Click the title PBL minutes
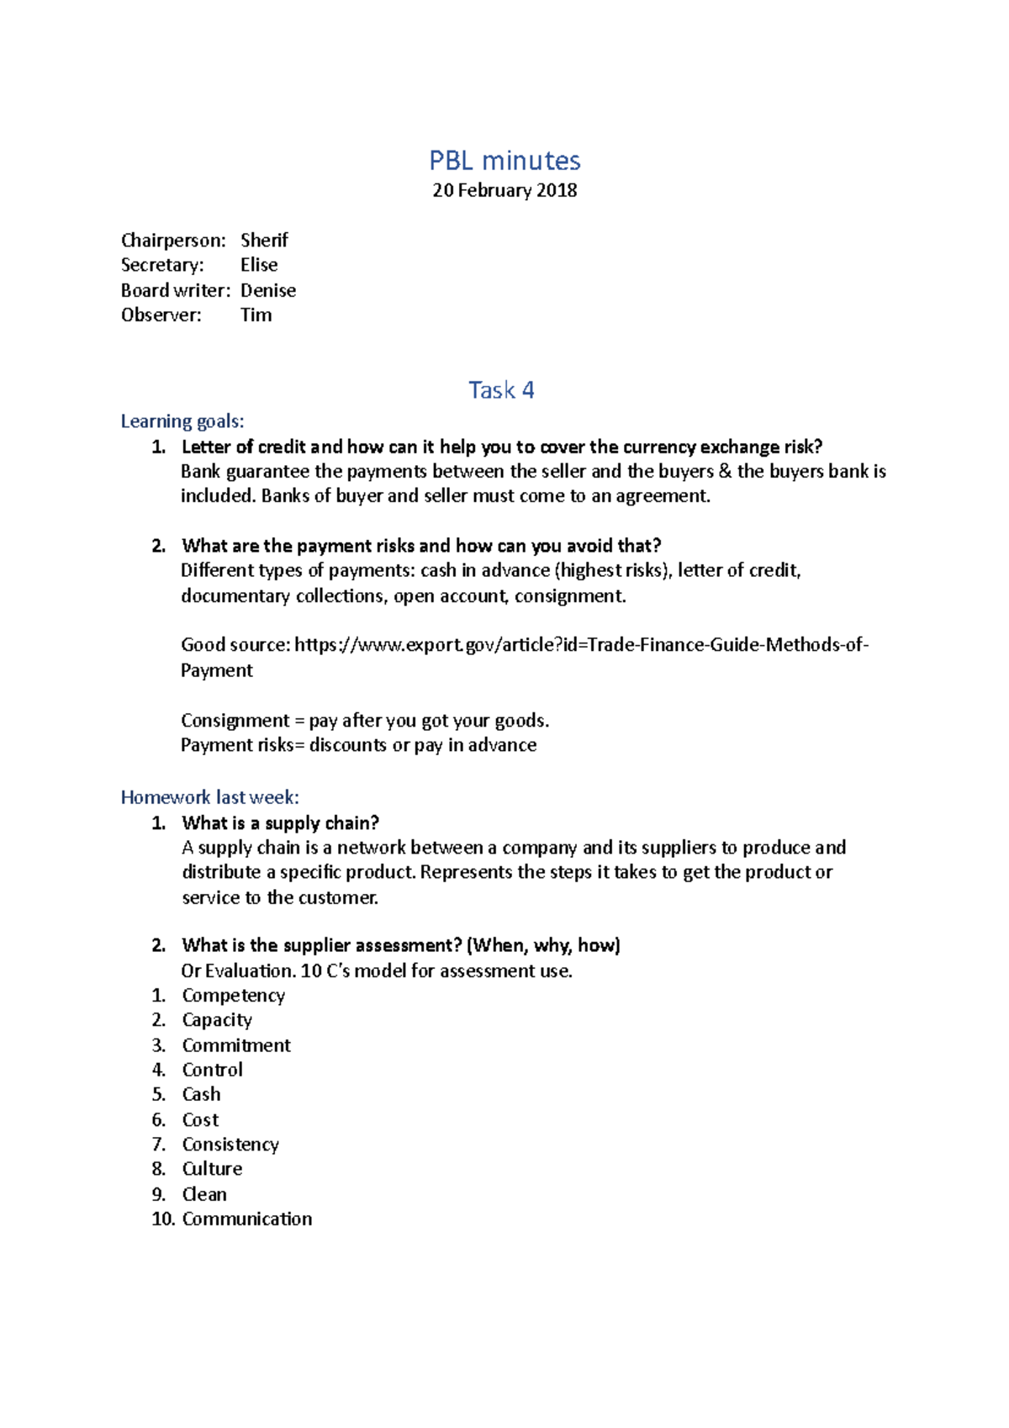tap(504, 161)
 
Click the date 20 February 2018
tap(504, 190)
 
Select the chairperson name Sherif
tap(264, 241)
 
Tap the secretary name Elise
tap(259, 265)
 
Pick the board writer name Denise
tap(268, 290)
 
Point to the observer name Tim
tap(256, 315)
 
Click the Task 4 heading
tap(501, 390)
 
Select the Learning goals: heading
tap(182, 421)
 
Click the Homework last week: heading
tap(209, 797)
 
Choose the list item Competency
tap(234, 996)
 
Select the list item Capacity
tap(217, 1020)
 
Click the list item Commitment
tap(236, 1045)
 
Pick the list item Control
tap(213, 1070)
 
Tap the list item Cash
tap(202, 1094)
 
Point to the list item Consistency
tap(230, 1145)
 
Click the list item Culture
tap(212, 1169)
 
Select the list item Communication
tap(247, 1219)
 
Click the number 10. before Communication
tap(162, 1219)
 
